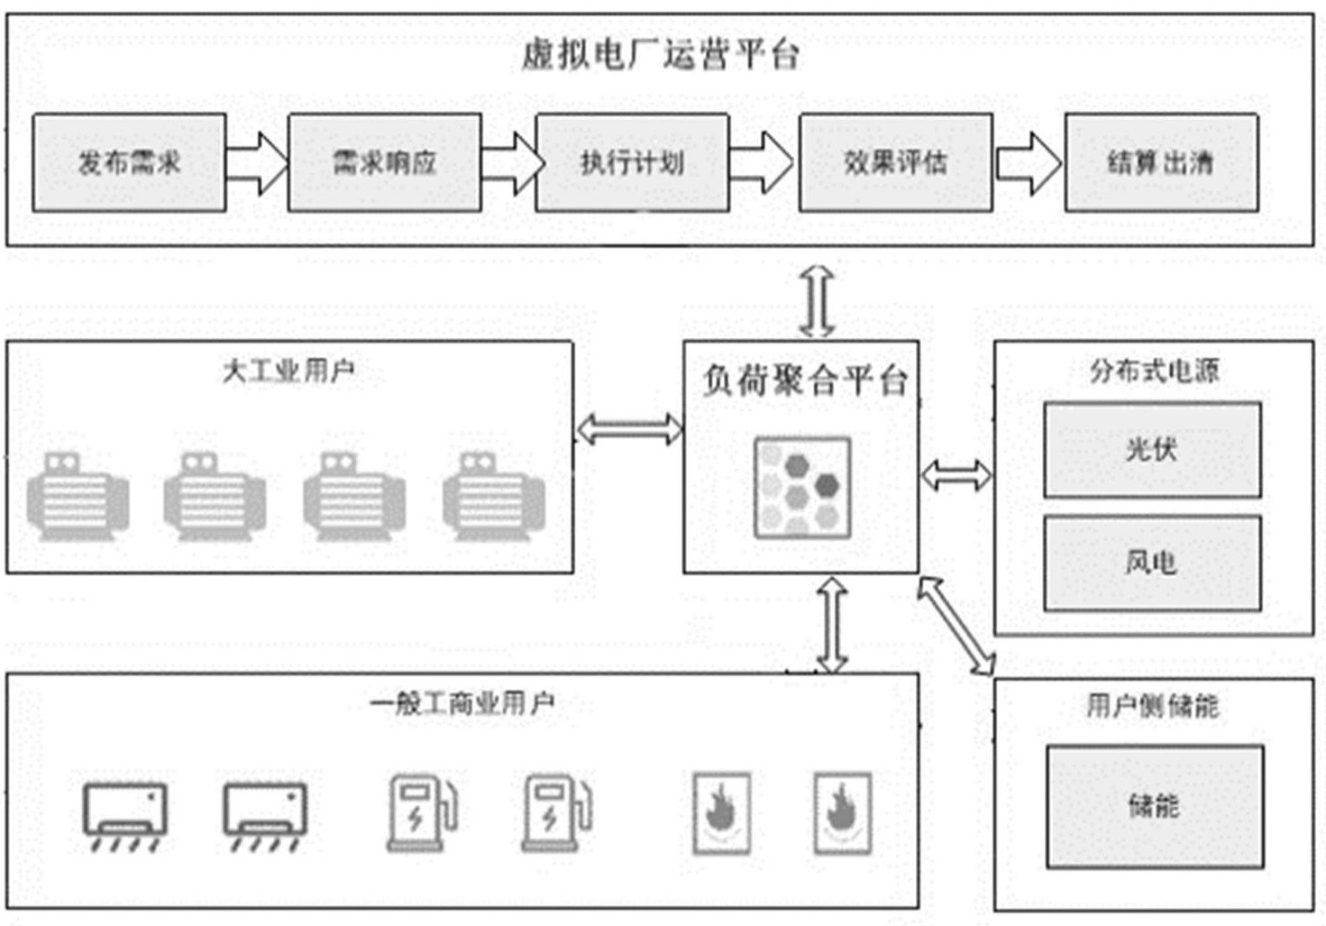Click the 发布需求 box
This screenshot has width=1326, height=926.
(129, 163)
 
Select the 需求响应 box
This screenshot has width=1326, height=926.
(384, 163)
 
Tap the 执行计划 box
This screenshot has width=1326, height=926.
(632, 163)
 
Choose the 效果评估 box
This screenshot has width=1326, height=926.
(895, 163)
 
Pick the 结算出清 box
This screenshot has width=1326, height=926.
(1161, 163)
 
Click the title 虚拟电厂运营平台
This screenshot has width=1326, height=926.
(660, 55)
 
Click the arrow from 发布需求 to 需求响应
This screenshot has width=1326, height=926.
(257, 163)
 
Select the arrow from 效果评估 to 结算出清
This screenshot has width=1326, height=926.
(1029, 163)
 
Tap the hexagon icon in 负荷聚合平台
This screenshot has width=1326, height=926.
(801, 488)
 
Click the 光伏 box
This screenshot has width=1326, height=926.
(1152, 449)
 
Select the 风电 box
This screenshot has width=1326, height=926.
(1152, 563)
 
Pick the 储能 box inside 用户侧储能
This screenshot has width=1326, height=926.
(1154, 806)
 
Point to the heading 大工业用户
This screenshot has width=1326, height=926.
(288, 371)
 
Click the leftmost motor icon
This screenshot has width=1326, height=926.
(78, 497)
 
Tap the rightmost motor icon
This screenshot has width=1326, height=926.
(493, 497)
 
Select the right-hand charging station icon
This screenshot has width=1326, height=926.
(556, 811)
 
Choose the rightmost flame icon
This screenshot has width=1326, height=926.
(842, 812)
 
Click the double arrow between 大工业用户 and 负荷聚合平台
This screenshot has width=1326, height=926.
(629, 429)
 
